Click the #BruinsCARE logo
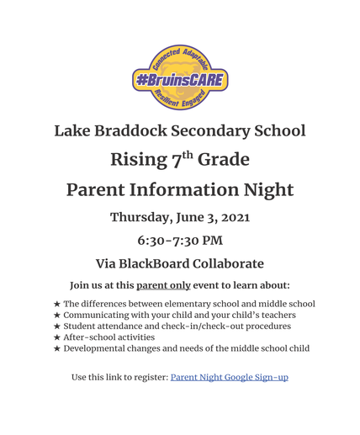[179, 77]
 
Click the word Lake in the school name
[73, 131]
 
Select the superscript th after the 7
[188, 155]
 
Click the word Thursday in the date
[141, 217]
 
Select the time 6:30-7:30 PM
[180, 240]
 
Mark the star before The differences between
[56, 304]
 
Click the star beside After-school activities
[56, 337]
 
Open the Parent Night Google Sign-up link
[229, 378]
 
